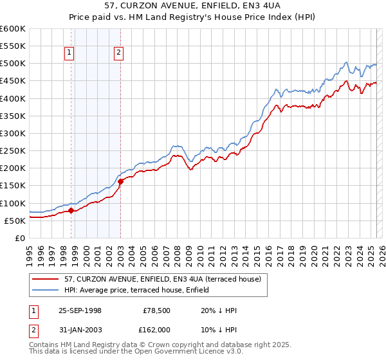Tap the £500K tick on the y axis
point(13,64)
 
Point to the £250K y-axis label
point(13,151)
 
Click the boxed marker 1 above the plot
point(69,53)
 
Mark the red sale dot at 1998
point(71,210)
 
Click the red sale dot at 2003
point(120,181)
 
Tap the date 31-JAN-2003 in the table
point(80,329)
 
